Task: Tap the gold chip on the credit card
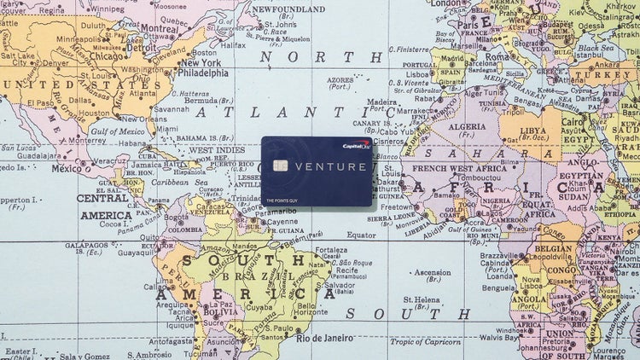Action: (x=280, y=165)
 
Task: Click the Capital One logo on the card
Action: (x=354, y=146)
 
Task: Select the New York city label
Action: (x=201, y=62)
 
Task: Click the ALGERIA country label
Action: (x=467, y=129)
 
